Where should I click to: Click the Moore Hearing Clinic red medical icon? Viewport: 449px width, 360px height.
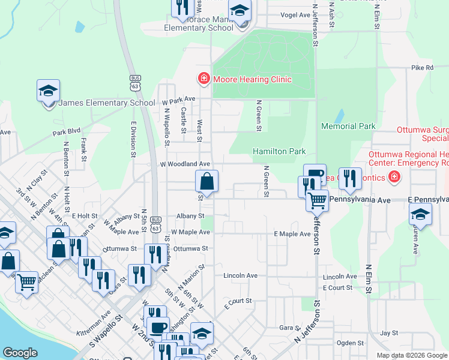204,79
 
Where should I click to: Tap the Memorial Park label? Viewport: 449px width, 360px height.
348,127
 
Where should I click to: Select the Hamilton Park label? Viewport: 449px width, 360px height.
279,152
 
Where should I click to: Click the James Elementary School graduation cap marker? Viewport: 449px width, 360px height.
48,91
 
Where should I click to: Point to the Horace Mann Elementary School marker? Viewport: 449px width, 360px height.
241,12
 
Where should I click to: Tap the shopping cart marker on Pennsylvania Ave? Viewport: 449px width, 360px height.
317,200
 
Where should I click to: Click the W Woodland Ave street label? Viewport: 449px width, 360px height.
184,164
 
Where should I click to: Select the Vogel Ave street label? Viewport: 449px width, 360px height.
295,16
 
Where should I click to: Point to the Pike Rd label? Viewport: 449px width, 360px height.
422,68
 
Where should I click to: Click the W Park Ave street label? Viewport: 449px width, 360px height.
178,99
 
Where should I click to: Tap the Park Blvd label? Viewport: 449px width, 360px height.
66,131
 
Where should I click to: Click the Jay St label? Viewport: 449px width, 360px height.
389,332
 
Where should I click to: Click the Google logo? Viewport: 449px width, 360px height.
20,353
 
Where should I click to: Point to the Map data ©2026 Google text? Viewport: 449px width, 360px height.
411,355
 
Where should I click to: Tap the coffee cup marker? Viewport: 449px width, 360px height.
158,328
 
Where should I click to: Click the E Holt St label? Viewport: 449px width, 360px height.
85,215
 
